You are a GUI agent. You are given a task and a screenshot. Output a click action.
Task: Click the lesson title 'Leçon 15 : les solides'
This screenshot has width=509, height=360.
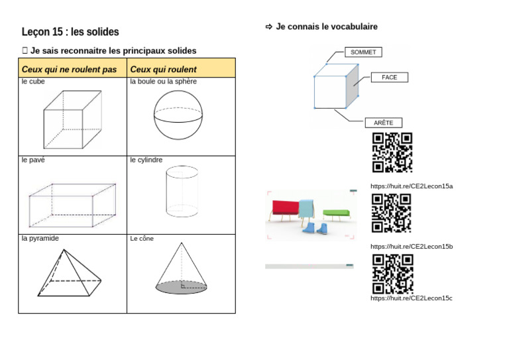70,32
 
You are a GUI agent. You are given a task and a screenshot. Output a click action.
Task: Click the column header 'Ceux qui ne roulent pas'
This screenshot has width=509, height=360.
69,69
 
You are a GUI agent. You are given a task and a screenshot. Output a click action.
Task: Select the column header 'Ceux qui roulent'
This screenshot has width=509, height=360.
163,69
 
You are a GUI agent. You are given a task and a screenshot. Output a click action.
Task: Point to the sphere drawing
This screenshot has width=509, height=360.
178,115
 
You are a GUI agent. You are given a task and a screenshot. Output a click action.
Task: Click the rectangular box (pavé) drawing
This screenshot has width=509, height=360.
72,201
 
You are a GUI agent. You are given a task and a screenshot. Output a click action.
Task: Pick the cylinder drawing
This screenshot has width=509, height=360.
181,191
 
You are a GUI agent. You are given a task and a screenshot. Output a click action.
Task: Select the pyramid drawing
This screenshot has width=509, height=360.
69,272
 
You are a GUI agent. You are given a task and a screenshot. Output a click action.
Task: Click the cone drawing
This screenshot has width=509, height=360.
181,269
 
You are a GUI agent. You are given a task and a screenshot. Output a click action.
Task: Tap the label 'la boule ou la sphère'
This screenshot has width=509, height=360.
163,82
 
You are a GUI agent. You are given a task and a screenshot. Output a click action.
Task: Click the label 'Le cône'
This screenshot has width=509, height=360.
142,239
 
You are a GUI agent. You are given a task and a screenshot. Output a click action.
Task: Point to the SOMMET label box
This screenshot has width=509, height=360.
363,52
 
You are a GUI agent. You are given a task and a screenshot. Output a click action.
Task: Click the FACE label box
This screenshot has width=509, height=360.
389,78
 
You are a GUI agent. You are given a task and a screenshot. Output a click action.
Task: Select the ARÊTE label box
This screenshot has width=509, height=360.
383,123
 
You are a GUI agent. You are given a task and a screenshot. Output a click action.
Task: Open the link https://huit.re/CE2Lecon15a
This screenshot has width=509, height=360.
411,186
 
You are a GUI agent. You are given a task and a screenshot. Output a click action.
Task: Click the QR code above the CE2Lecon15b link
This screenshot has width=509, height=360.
391,213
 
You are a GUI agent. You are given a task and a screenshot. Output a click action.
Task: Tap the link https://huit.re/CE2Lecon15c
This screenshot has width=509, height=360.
411,298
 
